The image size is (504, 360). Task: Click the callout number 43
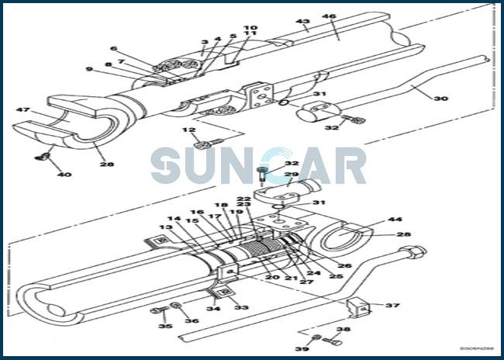[302, 22]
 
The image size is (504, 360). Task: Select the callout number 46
[329, 16]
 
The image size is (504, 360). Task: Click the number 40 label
[64, 174]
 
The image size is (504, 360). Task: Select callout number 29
[292, 175]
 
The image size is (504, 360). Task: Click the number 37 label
[392, 305]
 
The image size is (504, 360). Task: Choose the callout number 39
[302, 349]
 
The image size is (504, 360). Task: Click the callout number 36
[191, 320]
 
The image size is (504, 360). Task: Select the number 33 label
[241, 308]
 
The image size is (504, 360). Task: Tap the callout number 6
[113, 48]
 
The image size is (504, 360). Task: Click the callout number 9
[88, 70]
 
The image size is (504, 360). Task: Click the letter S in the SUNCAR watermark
[167, 165]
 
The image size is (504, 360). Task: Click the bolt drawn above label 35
[161, 311]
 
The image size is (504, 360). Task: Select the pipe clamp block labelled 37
[357, 307]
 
